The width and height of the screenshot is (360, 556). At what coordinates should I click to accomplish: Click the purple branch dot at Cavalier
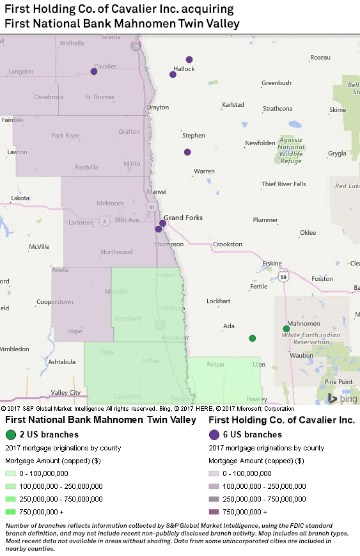94,72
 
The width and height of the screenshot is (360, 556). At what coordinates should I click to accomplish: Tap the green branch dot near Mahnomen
286,329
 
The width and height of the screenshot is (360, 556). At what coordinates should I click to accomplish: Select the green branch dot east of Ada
253,338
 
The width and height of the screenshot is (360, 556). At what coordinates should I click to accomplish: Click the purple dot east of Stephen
187,152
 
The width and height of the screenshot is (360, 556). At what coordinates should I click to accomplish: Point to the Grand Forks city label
184,218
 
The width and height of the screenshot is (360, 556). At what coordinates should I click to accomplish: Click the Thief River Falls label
283,184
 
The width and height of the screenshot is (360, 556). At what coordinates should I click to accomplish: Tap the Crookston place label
228,244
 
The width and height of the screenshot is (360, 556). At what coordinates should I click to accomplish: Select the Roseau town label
320,58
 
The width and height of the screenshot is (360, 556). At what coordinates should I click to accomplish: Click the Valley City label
66,393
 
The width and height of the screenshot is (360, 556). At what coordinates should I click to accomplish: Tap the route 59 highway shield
283,276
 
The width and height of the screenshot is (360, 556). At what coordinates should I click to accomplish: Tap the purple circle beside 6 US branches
214,435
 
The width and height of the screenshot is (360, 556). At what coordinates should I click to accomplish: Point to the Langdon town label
20,72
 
